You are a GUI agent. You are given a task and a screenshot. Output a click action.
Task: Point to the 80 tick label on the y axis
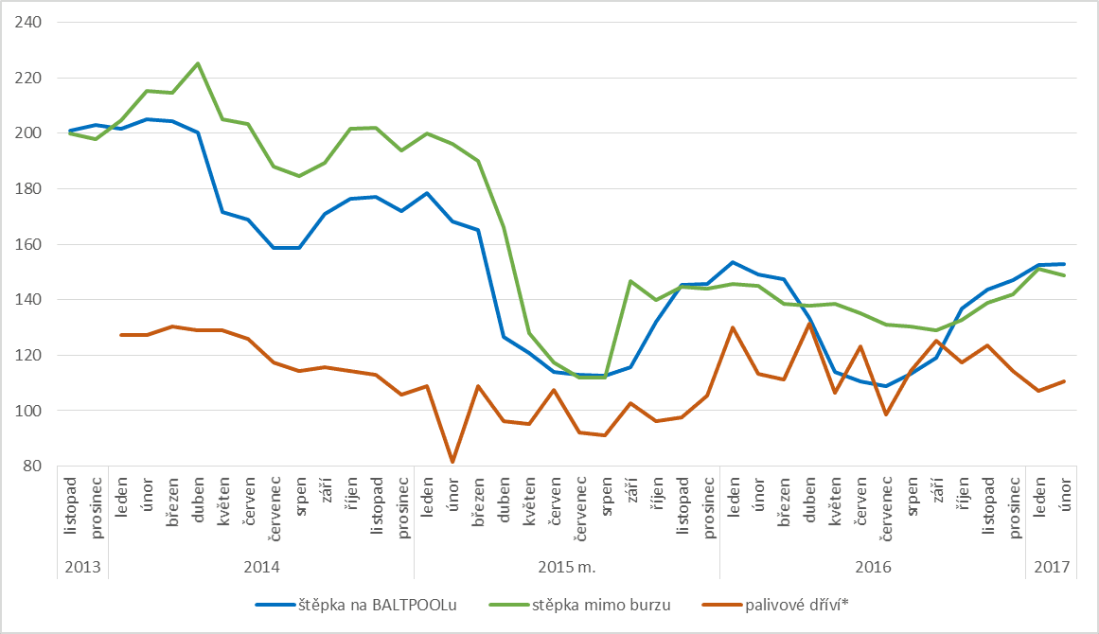pyautogui.click(x=33, y=467)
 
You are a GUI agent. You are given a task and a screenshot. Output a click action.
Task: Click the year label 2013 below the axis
pyautogui.click(x=82, y=568)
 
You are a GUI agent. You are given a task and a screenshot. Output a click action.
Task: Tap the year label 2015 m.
pyautogui.click(x=566, y=568)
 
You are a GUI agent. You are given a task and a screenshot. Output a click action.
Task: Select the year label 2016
pyautogui.click(x=873, y=568)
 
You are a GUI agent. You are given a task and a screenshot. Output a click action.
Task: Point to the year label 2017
pyautogui.click(x=1051, y=568)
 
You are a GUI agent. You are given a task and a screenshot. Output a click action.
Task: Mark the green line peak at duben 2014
pyautogui.click(x=198, y=63)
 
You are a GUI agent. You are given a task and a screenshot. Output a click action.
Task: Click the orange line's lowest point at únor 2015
pyautogui.click(x=452, y=462)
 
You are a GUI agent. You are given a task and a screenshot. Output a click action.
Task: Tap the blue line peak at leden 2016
pyautogui.click(x=733, y=262)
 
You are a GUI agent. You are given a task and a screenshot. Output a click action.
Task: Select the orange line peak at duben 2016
pyautogui.click(x=809, y=324)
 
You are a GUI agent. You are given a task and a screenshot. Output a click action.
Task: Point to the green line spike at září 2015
pyautogui.click(x=631, y=281)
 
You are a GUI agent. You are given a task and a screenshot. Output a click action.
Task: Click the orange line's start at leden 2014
pyautogui.click(x=121, y=335)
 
